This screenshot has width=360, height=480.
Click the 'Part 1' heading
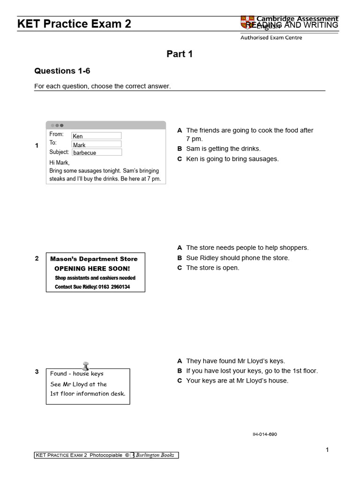180,54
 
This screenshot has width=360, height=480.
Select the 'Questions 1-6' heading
62,71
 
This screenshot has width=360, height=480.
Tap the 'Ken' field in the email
96,136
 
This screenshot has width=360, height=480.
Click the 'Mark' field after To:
96,144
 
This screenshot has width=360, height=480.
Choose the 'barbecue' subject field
97,152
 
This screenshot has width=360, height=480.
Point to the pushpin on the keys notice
86,366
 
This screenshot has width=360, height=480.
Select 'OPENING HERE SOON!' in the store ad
92,269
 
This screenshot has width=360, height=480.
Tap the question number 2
37,258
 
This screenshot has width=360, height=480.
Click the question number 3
37,372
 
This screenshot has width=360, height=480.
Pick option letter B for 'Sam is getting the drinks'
180,149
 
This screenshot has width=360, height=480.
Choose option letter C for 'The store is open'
180,268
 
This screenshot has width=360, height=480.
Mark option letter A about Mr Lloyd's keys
180,361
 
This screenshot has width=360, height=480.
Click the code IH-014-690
265,434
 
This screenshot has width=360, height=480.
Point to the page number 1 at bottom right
327,450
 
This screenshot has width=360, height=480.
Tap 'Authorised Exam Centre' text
271,37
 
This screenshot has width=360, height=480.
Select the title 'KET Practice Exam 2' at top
75,24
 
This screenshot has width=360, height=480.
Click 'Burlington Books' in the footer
155,455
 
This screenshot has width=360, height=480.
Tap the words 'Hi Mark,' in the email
60,163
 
